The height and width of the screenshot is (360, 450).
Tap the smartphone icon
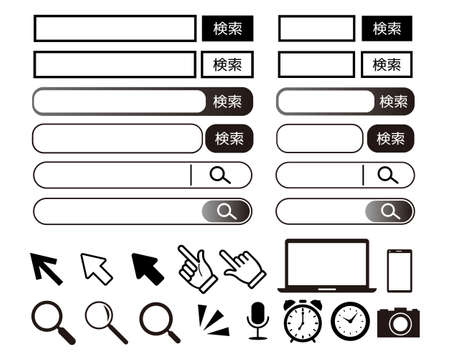(399, 270)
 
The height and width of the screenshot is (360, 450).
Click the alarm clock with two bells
(301, 321)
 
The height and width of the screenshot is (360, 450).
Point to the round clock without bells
(350, 320)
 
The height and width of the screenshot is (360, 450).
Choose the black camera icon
(398, 322)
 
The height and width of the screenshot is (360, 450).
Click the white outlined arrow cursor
(97, 268)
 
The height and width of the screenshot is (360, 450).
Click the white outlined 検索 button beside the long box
(227, 64)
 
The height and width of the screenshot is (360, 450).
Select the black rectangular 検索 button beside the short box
(387, 28)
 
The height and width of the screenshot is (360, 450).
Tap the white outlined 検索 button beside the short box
(387, 64)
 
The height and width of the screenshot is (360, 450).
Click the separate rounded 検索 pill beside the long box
(229, 138)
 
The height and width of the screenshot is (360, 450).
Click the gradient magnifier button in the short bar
(389, 211)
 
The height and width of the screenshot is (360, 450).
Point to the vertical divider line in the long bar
(191, 175)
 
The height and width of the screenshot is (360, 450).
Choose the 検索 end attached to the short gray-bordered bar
(391, 101)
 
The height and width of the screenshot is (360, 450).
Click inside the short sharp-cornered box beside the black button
(316, 28)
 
